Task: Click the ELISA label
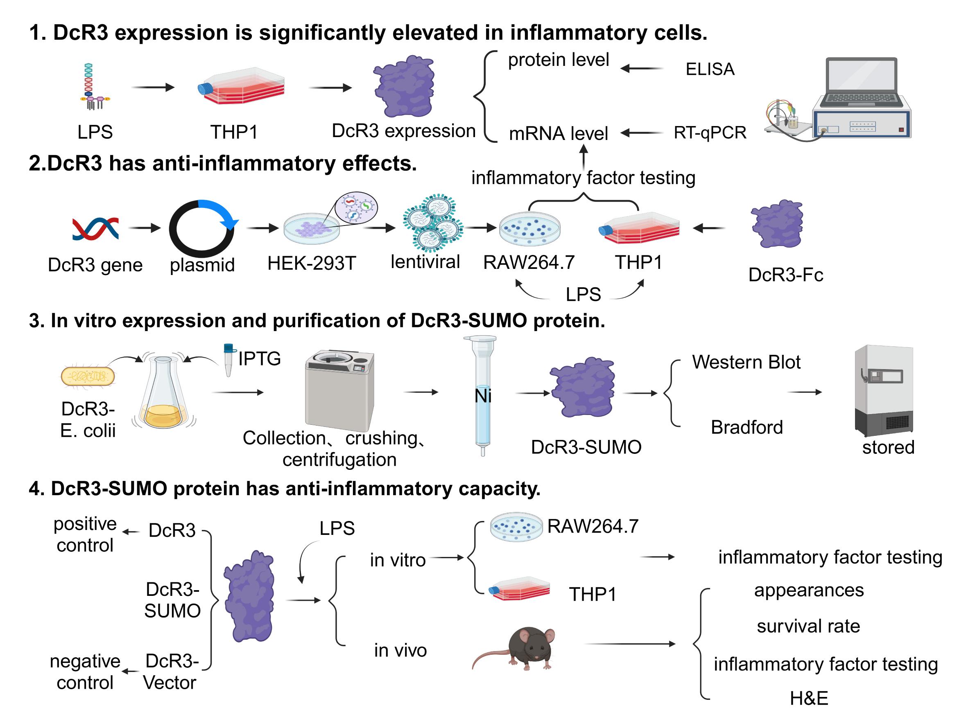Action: (x=710, y=69)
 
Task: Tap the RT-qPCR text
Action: (x=710, y=133)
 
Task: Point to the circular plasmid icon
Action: (x=201, y=228)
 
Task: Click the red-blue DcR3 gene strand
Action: (x=95, y=228)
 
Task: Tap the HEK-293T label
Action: (x=312, y=263)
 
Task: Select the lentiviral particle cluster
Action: (x=433, y=223)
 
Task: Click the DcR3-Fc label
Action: (x=785, y=275)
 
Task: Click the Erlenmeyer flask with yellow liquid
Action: (x=163, y=394)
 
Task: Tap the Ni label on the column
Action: (x=483, y=396)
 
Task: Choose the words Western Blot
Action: (x=746, y=362)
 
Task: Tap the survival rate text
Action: (x=808, y=626)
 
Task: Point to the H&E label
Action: (x=809, y=698)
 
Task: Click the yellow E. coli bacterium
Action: (x=88, y=376)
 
